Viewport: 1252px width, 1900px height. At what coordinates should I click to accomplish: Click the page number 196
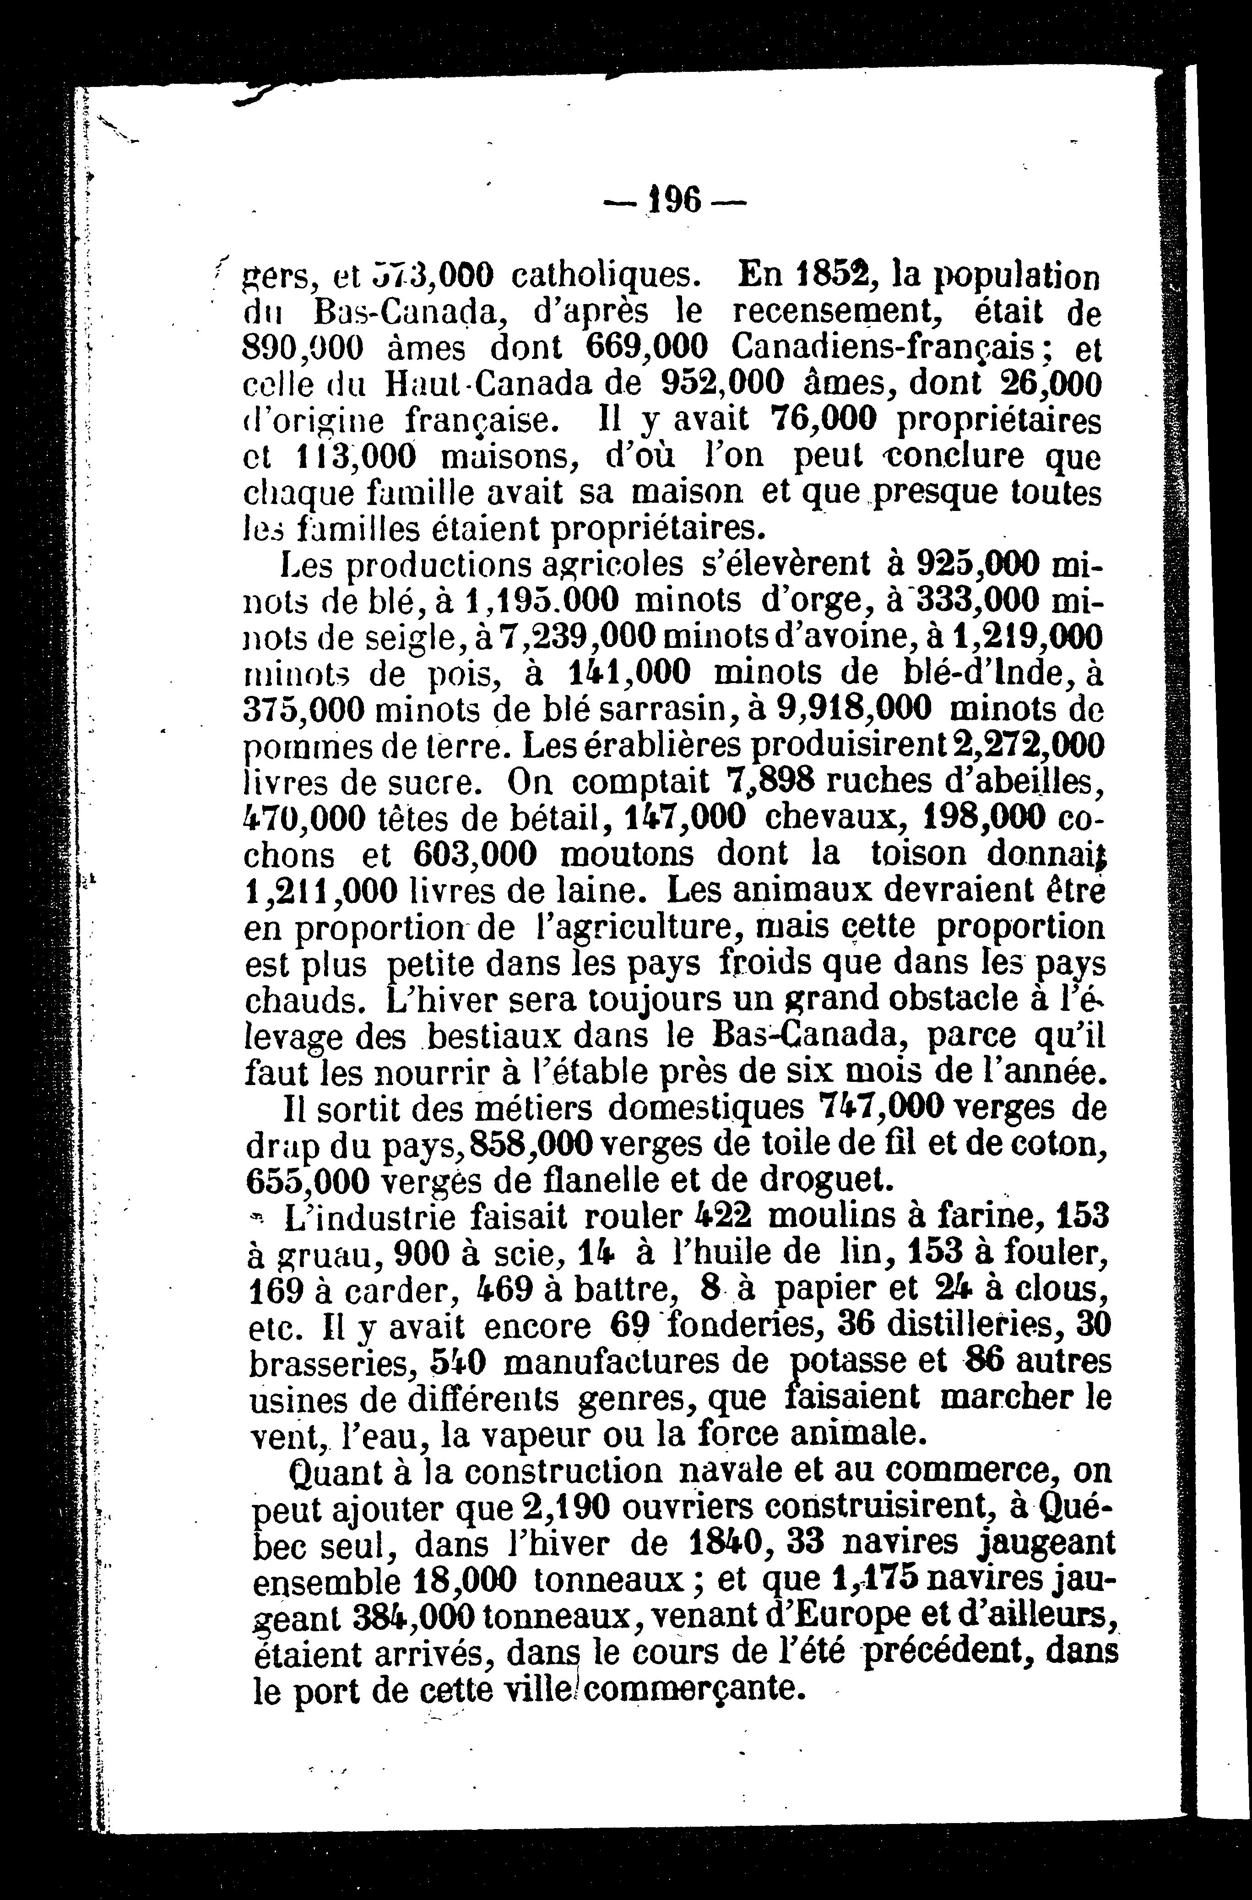pos(675,199)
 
